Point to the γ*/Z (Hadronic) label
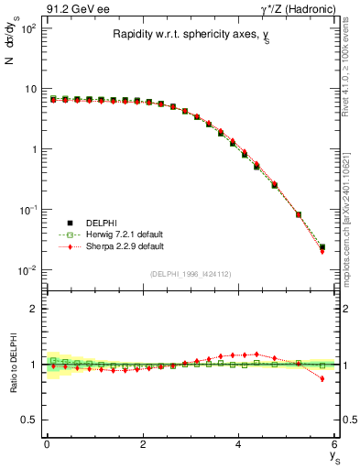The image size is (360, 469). pyautogui.click(x=303, y=10)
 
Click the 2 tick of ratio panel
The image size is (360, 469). pyautogui.click(x=34, y=309)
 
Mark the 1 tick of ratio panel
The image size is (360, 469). pyautogui.click(x=34, y=365)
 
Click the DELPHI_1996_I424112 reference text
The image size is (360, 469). pyautogui.click(x=191, y=274)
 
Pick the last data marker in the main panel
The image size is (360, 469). pyautogui.click(x=322, y=247)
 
